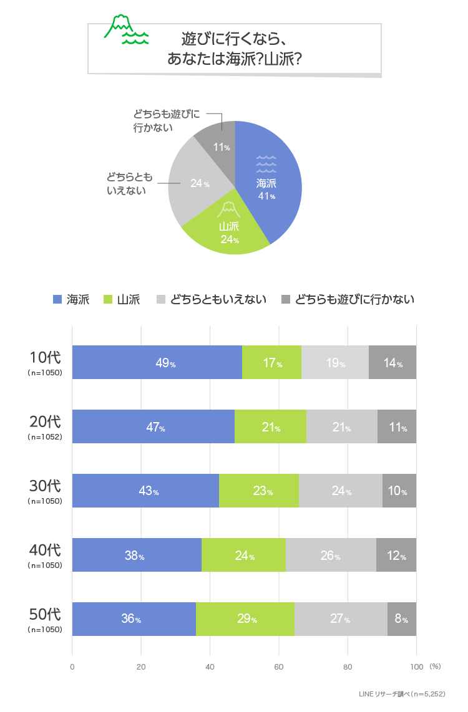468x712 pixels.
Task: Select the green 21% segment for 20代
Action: tap(270, 426)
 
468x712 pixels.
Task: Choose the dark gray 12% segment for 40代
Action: tap(396, 555)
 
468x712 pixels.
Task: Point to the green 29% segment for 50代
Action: tap(245, 619)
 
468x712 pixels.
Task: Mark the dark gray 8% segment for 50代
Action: tap(401, 619)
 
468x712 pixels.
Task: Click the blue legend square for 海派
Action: tap(57, 300)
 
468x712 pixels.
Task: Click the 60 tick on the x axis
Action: tap(279, 666)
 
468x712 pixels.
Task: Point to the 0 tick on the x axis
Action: tap(72, 666)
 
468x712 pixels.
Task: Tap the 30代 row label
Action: tap(45, 486)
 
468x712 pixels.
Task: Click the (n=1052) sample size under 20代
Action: tap(45, 437)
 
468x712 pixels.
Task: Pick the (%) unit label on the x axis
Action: tap(435, 666)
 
